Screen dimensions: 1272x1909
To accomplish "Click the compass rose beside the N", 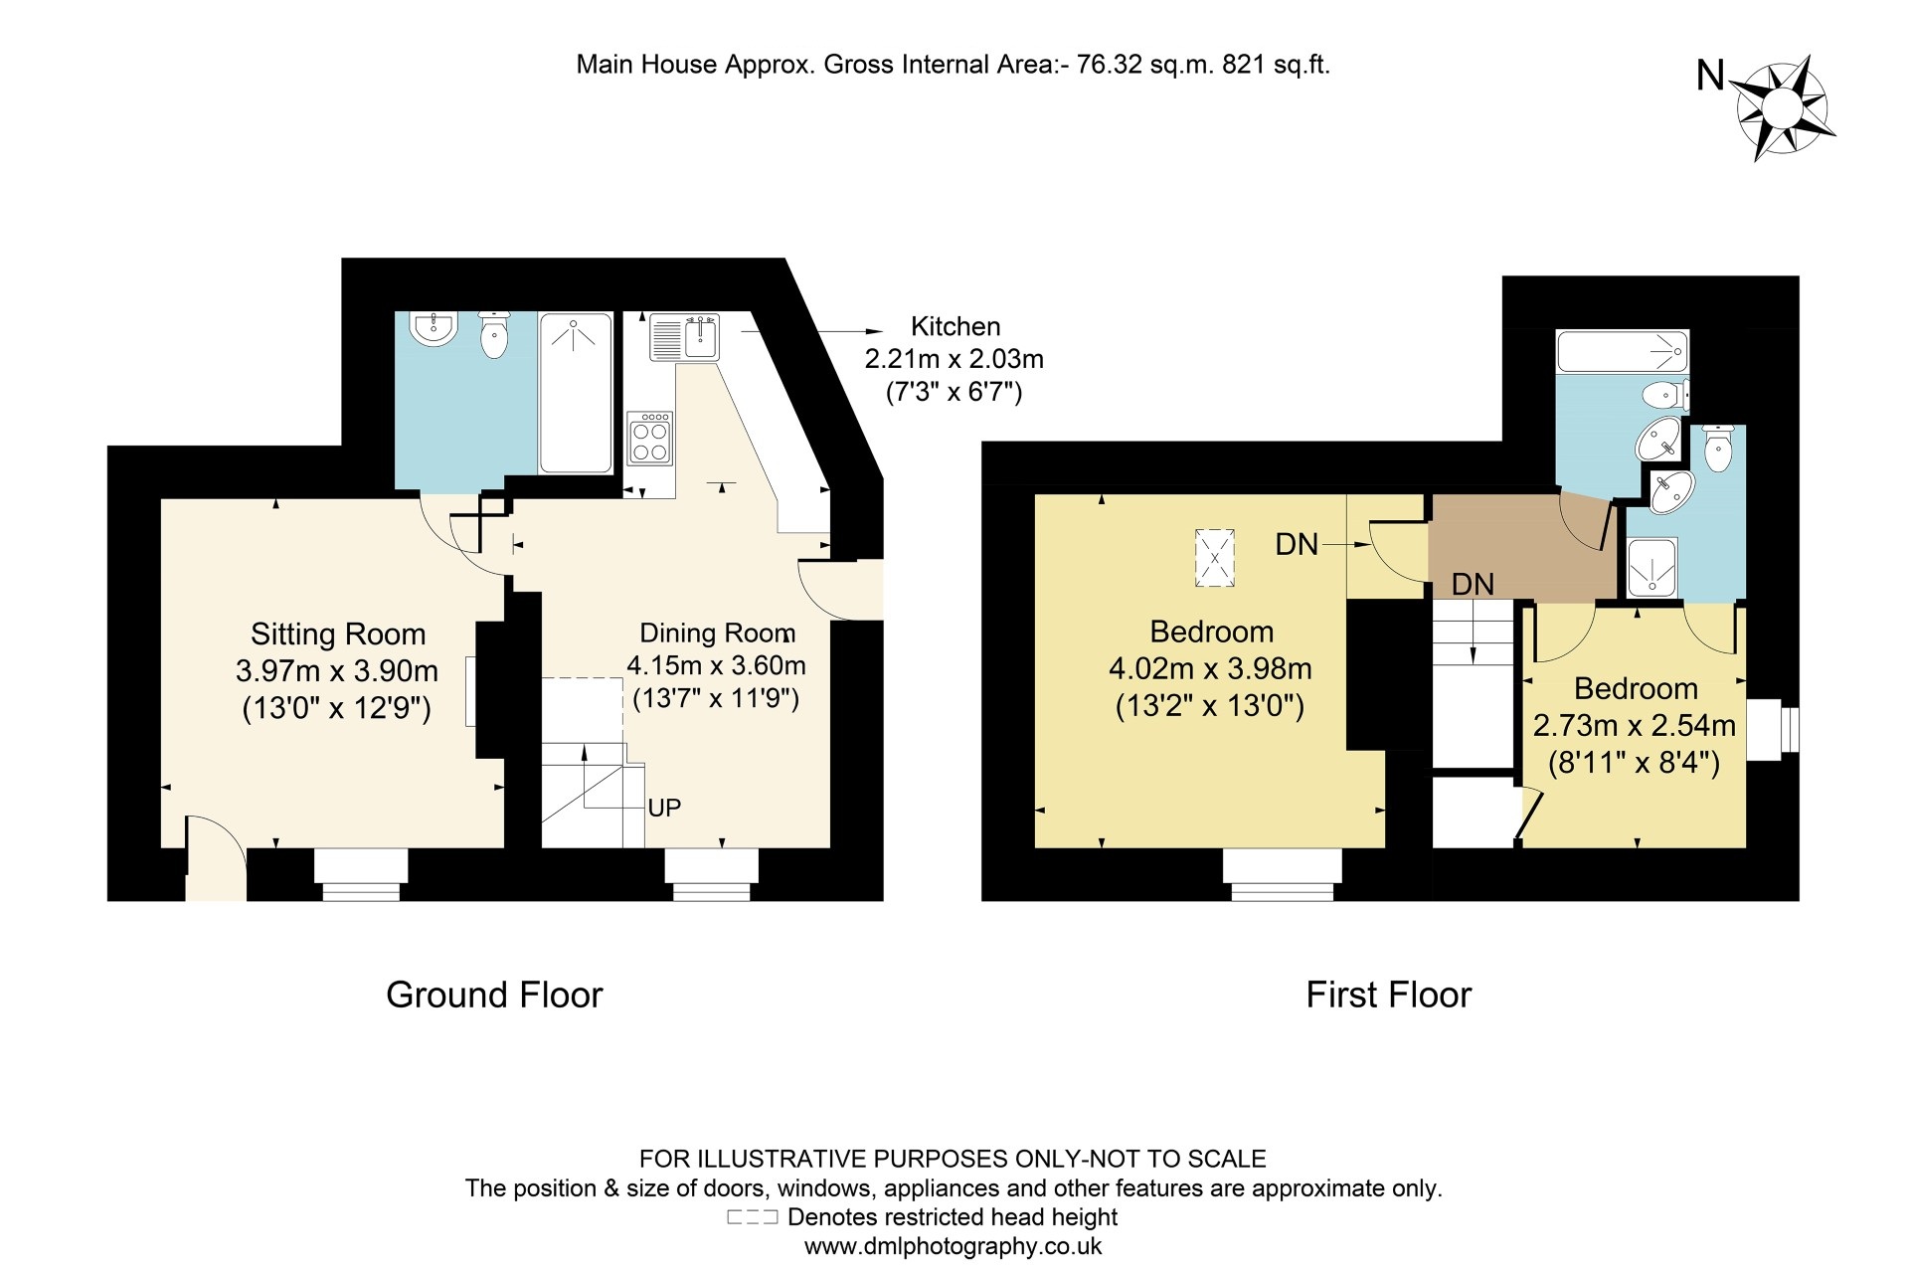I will pos(1783,107).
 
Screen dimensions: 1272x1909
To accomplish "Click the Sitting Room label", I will pos(337,635).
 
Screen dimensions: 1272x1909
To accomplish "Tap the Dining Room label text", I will pos(717,634).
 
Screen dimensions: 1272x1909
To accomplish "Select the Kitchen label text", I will pos(955,327).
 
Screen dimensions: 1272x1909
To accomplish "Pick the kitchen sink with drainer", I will pos(684,337).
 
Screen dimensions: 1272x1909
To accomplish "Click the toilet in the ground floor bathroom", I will pos(494,334).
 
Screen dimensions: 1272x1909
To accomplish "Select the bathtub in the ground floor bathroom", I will pos(576,393).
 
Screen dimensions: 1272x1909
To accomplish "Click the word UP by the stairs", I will pos(664,809).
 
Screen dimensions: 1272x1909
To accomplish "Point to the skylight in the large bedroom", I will pos(1214,558).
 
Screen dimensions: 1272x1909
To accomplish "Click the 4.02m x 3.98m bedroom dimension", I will pos(1210,669).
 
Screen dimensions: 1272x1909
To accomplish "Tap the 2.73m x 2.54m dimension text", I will pos(1634,726).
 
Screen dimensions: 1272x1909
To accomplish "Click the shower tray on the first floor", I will pos(1651,568).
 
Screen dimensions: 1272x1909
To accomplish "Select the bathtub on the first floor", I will pos(1622,352).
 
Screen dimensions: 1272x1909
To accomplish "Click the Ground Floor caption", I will pos(494,996).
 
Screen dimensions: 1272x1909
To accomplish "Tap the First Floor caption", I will pos(1388,996).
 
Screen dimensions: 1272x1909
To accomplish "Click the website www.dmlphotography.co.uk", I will pos(953,1247).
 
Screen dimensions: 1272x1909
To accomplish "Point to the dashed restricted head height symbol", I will pos(752,1217).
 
